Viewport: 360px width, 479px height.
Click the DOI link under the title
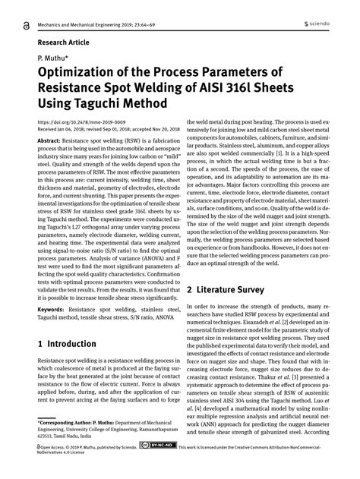pos(79,122)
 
